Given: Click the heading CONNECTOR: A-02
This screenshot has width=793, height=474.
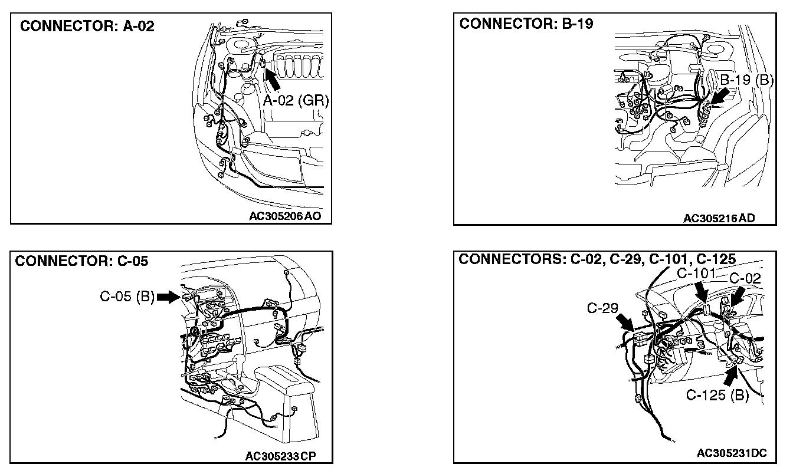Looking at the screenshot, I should [87, 27].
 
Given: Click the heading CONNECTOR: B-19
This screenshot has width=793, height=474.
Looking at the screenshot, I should [526, 24].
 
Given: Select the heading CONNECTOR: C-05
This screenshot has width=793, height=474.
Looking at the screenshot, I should [81, 261].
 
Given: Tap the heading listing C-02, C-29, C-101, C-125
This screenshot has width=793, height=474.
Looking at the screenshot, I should [597, 259].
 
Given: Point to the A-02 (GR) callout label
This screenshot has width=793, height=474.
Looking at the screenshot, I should [295, 101].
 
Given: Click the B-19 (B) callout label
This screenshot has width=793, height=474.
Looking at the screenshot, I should [747, 80].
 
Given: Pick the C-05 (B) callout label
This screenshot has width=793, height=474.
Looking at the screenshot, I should [126, 297].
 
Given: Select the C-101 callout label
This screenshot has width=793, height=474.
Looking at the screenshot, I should [696, 274].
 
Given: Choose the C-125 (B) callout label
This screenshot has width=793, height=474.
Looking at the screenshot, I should [717, 395].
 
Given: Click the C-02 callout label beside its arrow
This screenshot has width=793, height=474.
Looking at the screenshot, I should [745, 278].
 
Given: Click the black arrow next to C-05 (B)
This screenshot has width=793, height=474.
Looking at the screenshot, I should [168, 297].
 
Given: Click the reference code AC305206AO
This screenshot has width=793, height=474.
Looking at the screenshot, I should [286, 216].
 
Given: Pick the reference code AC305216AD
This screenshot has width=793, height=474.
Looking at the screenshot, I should [719, 218].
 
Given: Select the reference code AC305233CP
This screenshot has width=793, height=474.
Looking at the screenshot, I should [280, 456].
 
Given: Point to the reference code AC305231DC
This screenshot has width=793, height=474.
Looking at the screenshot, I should [732, 453].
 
